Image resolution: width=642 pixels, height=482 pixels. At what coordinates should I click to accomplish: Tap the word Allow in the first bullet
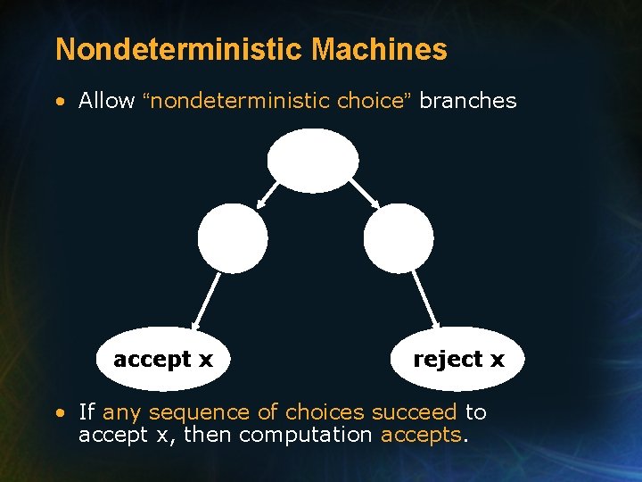point(106,101)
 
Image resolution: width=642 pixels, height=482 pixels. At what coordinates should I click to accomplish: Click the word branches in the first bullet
point(467,101)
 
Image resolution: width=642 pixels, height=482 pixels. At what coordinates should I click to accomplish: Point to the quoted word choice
point(371,101)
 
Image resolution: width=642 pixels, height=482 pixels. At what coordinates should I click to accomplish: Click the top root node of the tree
point(313,161)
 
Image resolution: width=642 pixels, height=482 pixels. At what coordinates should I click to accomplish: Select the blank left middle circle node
point(233,237)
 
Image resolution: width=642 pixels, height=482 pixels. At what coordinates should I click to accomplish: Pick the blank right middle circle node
point(399,237)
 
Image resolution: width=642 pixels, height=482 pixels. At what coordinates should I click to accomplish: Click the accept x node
point(163,360)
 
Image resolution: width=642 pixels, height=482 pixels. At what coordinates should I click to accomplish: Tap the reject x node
point(458,360)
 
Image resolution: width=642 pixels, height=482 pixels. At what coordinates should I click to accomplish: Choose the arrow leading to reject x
point(425,300)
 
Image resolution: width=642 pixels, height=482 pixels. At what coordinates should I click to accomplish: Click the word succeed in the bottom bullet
point(414,412)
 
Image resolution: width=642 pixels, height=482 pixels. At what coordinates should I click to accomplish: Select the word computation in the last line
point(306,435)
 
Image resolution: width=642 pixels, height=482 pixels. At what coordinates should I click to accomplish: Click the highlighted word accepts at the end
point(420,435)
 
